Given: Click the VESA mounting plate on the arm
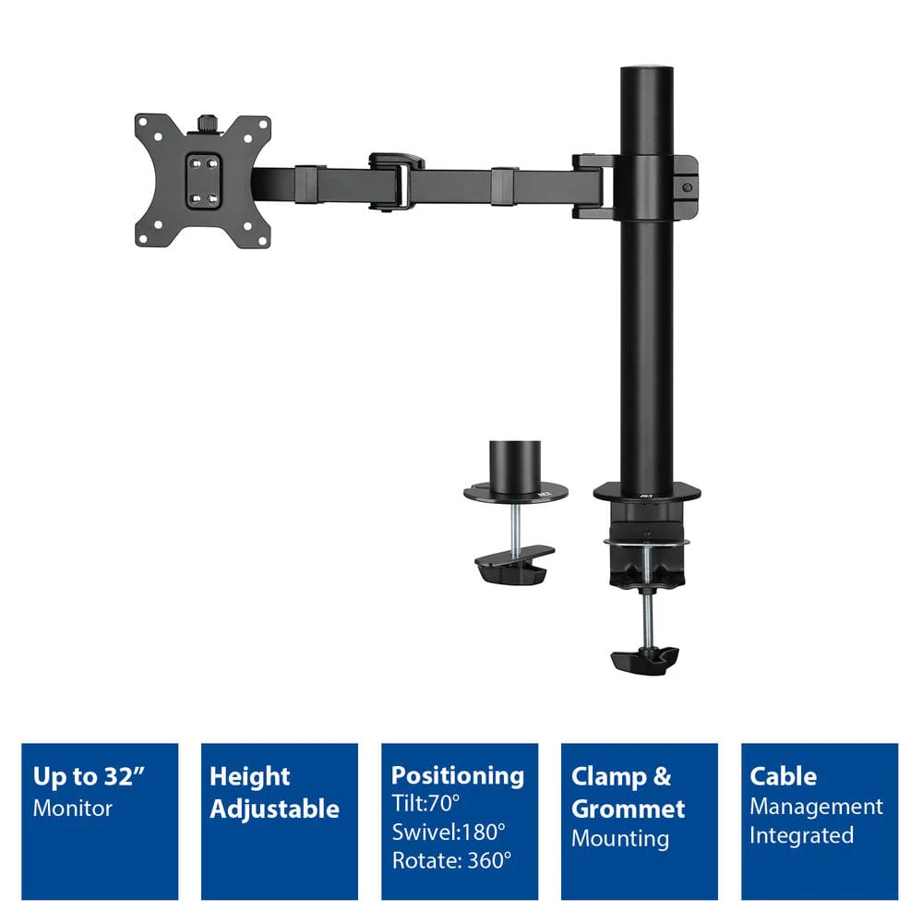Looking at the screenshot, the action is [x=202, y=181].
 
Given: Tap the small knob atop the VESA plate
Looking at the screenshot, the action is [x=206, y=123].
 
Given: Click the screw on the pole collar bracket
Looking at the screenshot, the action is [x=687, y=187].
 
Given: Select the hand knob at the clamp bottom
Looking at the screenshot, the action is [x=645, y=661].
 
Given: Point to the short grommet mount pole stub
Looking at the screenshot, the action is [x=515, y=469].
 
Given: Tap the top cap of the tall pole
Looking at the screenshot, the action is [x=647, y=70].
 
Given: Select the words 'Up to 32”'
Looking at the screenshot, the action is [x=89, y=777].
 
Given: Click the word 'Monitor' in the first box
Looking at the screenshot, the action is [x=72, y=809].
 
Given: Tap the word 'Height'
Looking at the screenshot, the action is [x=249, y=777].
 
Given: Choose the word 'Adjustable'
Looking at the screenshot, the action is [x=274, y=809].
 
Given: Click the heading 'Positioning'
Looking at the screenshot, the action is [x=458, y=776].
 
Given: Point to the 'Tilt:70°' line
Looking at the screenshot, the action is [x=426, y=803].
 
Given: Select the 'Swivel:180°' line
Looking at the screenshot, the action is [x=449, y=833].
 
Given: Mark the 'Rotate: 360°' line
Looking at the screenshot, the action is [x=451, y=860].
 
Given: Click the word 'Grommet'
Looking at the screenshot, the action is [x=628, y=809].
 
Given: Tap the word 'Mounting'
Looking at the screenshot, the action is [x=620, y=839].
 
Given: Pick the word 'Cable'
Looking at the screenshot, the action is [x=783, y=776].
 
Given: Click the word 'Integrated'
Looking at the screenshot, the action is [x=801, y=836].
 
